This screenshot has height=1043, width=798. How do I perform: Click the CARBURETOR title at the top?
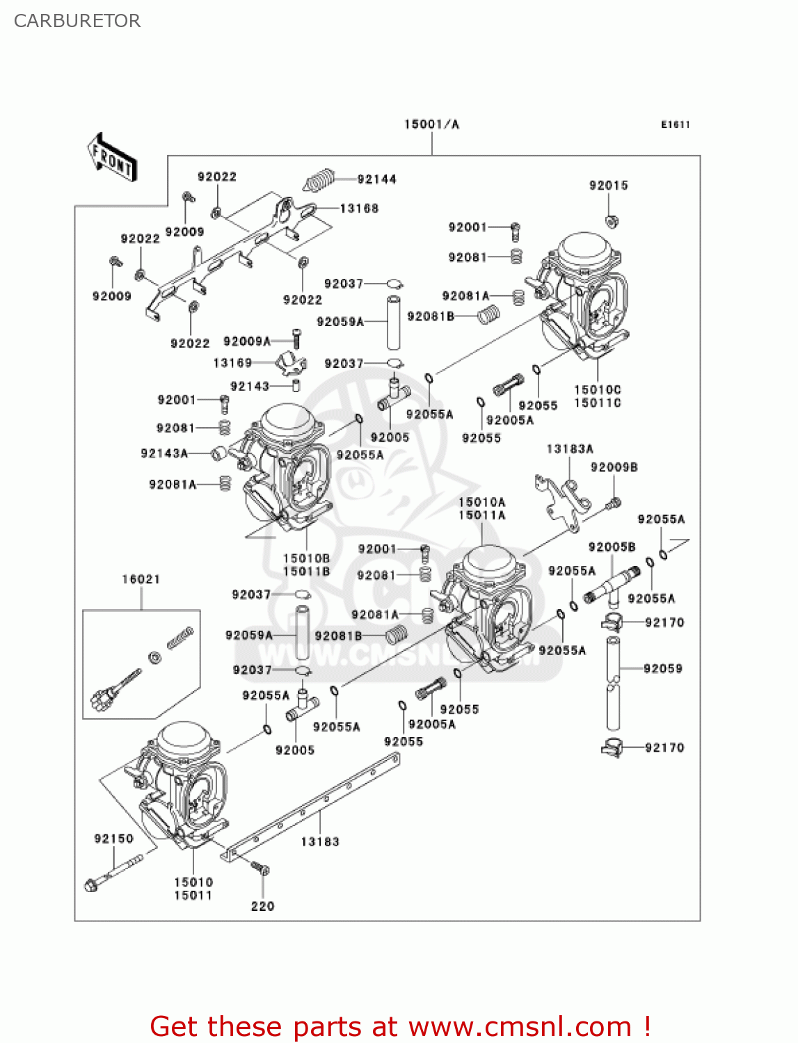coord(77,21)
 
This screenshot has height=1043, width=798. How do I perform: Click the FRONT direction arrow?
coord(112,158)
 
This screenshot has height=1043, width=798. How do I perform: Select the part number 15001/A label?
coord(431,124)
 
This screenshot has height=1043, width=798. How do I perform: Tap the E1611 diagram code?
coord(675,124)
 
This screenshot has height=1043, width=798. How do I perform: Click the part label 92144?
coord(376,179)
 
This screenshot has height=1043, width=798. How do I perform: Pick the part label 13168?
coord(359,208)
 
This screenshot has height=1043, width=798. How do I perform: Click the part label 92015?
coord(608,185)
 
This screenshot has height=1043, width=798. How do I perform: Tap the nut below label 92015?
coord(612,222)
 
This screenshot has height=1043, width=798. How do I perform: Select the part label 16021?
coord(141,579)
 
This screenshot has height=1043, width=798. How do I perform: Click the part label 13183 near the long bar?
coord(320,841)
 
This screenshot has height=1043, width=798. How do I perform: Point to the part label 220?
coord(262,906)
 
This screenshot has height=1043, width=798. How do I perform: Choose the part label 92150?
coord(113,839)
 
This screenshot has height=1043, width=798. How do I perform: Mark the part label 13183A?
coord(570,449)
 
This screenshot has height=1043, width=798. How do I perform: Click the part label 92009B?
coord(614,467)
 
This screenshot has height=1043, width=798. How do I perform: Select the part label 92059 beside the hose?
coord(662,668)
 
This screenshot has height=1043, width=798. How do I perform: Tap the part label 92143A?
coord(164,453)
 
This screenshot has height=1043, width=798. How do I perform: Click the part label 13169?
coord(232,363)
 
